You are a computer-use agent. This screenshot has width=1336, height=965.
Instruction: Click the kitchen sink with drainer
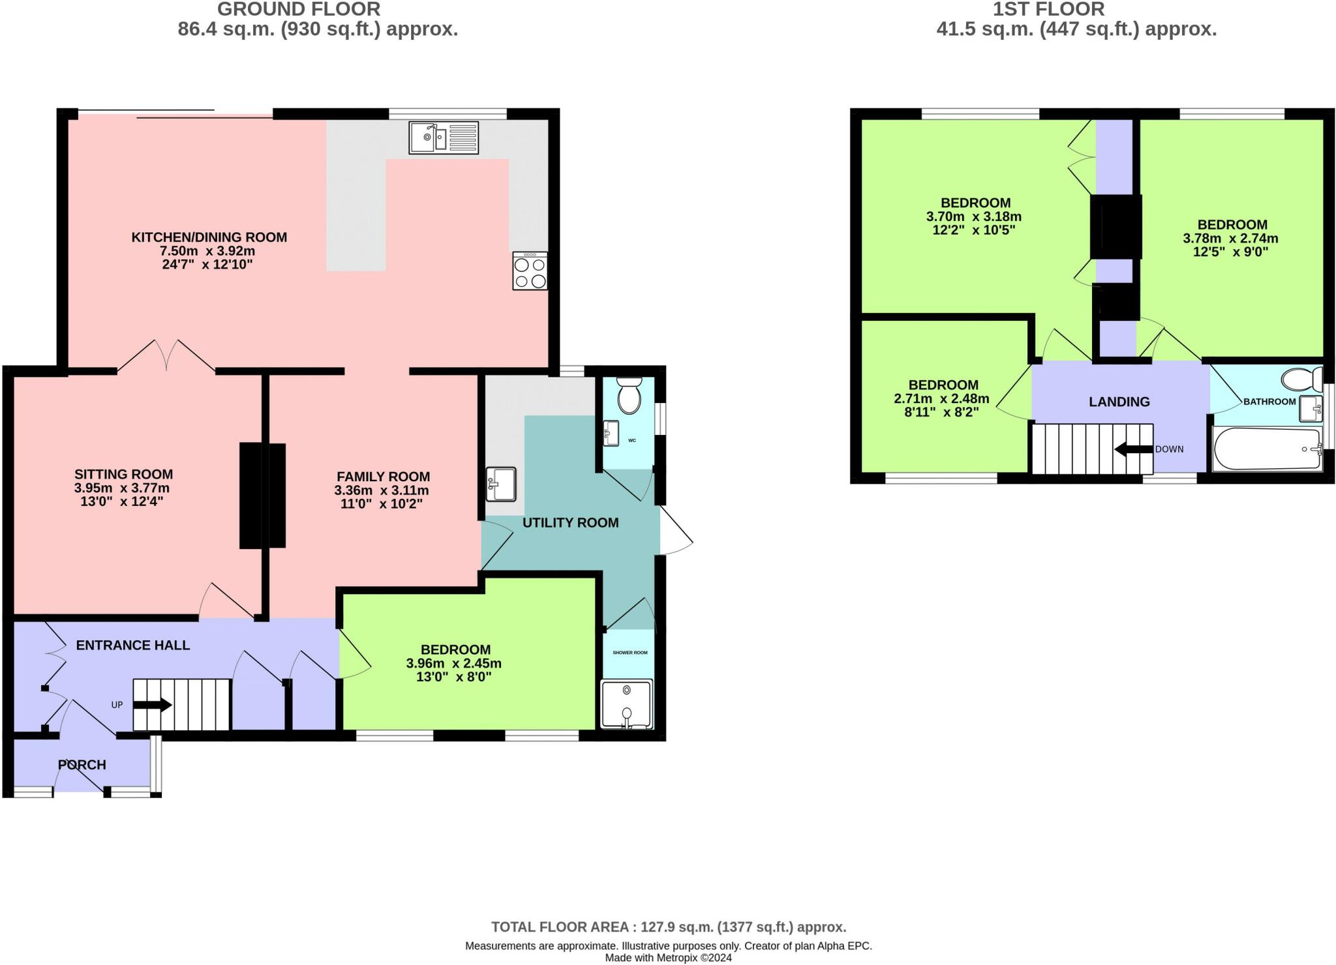444,138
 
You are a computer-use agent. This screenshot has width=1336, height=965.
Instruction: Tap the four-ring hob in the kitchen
530,271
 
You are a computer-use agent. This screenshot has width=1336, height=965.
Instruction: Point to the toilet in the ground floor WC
630,395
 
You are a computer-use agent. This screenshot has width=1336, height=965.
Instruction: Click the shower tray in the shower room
626,704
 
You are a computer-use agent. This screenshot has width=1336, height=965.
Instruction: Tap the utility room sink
501,484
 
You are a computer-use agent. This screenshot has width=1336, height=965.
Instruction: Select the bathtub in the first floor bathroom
1266,449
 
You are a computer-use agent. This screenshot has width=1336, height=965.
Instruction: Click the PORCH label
82,765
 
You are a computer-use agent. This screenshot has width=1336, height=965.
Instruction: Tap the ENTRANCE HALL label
133,645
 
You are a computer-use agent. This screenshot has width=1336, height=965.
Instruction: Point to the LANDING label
1119,402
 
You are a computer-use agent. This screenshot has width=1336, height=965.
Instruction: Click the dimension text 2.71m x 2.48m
941,398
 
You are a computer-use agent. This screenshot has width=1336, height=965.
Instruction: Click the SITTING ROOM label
123,474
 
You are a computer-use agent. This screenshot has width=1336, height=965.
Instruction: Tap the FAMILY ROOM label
383,477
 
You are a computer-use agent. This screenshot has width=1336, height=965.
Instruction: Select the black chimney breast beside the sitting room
262,496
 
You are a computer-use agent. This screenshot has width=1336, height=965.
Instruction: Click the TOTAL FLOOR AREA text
668,927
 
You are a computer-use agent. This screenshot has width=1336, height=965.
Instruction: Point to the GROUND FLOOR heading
299,9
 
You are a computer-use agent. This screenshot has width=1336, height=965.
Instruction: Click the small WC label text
631,441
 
